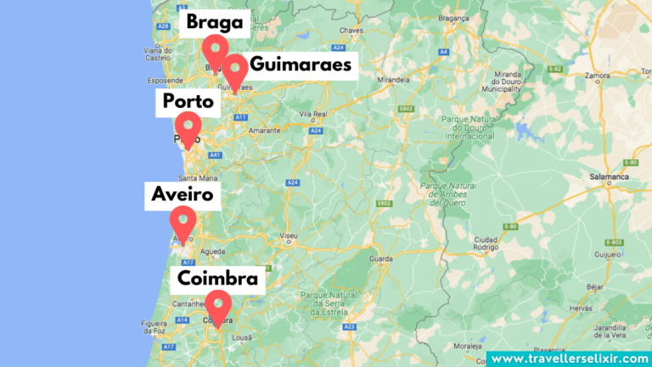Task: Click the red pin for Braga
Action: (x=216, y=49)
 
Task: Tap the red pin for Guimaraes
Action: (x=235, y=67)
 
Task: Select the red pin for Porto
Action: (x=187, y=127)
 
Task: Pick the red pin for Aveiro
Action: (x=183, y=220)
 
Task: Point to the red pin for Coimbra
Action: (x=218, y=305)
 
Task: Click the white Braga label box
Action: (x=215, y=22)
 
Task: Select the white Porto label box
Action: (x=188, y=103)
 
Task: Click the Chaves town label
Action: (x=351, y=30)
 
